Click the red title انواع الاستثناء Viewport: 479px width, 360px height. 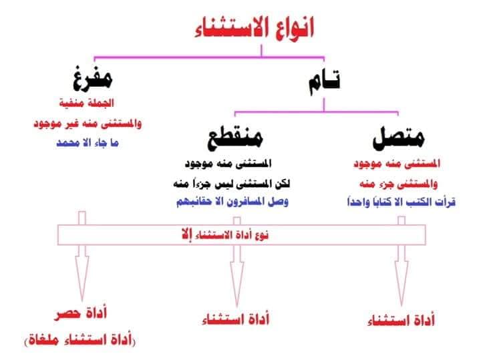click(254, 28)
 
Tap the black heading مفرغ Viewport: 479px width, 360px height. click(93, 78)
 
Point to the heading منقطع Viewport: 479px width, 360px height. click(235, 137)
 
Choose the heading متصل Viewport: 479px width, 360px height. click(398, 138)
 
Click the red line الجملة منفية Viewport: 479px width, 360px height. click(86, 103)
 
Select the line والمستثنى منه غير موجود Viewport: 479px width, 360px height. click(88, 124)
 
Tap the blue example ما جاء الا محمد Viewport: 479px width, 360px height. click(88, 143)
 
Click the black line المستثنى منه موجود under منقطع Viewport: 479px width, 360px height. click(228, 164)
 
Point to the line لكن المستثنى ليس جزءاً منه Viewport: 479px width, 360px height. click(232, 184)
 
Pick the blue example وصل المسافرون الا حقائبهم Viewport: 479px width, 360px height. click(232, 202)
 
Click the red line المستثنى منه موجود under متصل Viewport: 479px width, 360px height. click(397, 164)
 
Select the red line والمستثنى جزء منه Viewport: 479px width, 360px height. click(399, 184)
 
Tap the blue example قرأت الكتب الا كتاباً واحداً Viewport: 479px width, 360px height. click(401, 202)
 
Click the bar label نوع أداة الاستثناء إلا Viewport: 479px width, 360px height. click(225, 235)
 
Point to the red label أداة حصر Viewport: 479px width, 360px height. click(81, 314)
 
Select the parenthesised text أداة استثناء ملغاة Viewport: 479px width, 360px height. click(79, 339)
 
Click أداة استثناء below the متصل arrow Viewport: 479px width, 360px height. click(401, 321)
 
